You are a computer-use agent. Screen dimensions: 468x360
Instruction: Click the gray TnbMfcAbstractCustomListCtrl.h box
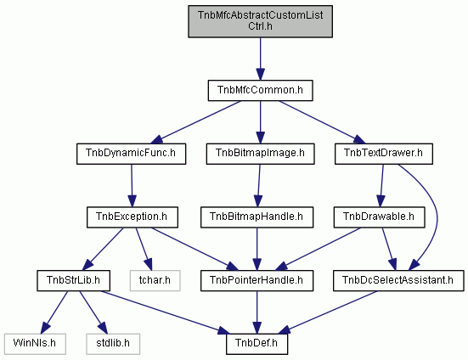pos(260,21)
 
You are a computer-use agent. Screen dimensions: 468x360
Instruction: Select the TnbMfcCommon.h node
pos(260,90)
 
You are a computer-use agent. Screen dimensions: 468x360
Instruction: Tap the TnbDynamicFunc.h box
pos(131,154)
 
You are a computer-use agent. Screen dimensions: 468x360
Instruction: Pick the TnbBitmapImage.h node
pos(260,154)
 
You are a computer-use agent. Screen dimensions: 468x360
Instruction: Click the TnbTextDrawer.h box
pos(384,154)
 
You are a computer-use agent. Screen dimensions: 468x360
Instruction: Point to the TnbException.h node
pos(133,217)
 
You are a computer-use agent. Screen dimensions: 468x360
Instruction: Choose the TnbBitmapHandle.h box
pos(257,217)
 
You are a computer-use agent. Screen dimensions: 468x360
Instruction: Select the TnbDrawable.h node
pos(379,217)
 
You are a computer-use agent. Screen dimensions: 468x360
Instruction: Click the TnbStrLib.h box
pos(73,281)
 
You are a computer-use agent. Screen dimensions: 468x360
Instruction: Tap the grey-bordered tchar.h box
pos(155,281)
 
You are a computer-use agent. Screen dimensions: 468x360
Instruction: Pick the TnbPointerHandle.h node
pos(257,281)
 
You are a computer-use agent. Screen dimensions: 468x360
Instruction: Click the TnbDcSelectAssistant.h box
pos(398,281)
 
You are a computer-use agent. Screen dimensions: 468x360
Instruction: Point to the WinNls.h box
pos(35,344)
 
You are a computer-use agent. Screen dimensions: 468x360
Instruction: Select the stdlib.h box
pos(113,344)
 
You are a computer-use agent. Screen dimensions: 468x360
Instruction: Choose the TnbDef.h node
pos(257,344)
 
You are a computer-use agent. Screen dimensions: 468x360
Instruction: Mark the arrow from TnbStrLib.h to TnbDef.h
pos(165,312)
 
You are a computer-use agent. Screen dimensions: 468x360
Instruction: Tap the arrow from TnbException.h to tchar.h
pos(144,249)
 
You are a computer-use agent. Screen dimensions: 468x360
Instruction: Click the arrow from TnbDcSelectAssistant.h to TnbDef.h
pos(328,312)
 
